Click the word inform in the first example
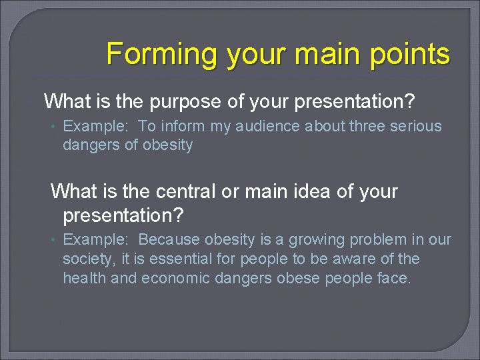179,127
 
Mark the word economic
174,278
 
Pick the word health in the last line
84,278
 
